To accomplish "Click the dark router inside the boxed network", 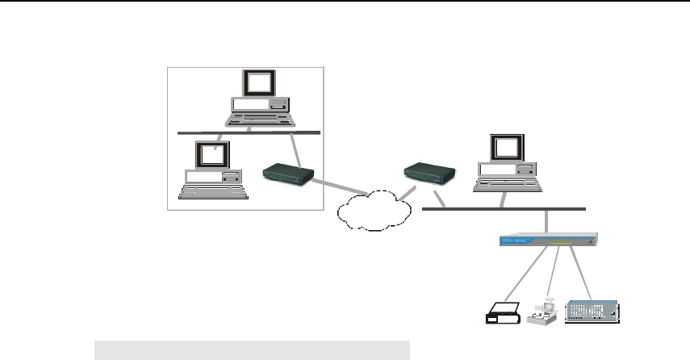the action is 288,174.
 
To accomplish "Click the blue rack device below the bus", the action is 548,240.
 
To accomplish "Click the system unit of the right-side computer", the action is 507,170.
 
